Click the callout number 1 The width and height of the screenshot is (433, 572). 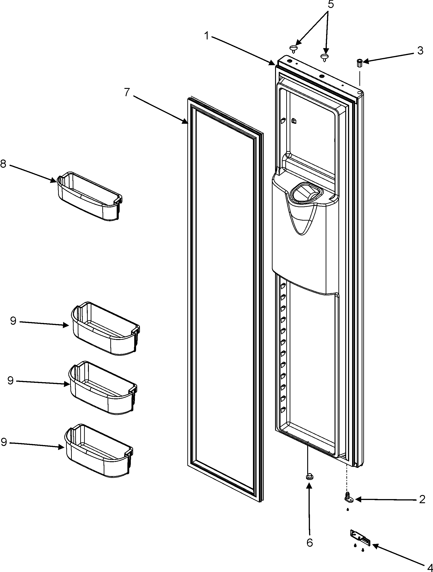[206, 36]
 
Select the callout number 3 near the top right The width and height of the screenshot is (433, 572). [420, 51]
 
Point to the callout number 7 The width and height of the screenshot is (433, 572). [127, 92]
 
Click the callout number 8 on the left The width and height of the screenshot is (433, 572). [3, 164]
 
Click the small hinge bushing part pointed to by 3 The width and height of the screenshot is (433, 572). [359, 63]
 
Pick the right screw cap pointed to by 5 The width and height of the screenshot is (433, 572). [324, 57]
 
